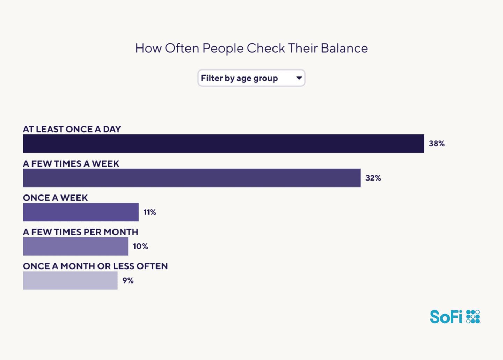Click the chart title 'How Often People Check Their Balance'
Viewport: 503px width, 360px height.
tap(251, 48)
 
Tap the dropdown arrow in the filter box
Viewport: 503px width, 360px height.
tap(299, 78)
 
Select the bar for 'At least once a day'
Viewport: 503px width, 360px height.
tap(224, 144)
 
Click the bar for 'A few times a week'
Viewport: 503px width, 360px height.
tap(192, 178)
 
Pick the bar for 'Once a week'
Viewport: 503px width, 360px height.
tap(81, 212)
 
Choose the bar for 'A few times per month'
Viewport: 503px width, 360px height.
tap(75, 246)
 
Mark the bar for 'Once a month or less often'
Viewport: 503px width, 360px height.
tap(70, 280)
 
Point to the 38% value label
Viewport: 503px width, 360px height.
tap(437, 144)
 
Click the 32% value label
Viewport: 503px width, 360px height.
tap(373, 178)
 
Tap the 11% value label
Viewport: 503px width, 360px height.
tap(150, 212)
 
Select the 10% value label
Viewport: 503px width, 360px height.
tap(140, 246)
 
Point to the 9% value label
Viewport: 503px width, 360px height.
tap(128, 280)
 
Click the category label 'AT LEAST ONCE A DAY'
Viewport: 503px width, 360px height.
tap(72, 129)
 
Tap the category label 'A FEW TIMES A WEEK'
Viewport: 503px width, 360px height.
tap(71, 163)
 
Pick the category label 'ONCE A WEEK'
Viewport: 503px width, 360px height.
tap(56, 198)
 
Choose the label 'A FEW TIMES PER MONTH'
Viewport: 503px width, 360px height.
tap(81, 232)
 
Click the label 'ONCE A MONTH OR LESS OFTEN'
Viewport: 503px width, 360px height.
tap(95, 266)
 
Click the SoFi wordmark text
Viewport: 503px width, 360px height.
tap(446, 317)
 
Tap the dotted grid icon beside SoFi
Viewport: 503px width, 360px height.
tap(473, 316)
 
